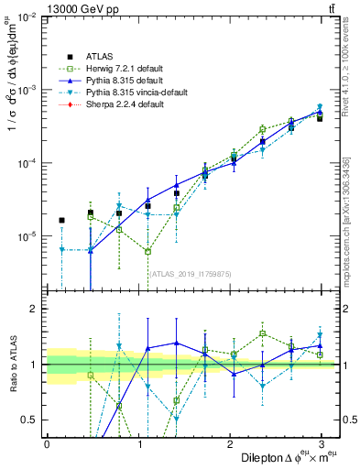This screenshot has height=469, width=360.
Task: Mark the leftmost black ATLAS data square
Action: click(61, 220)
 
